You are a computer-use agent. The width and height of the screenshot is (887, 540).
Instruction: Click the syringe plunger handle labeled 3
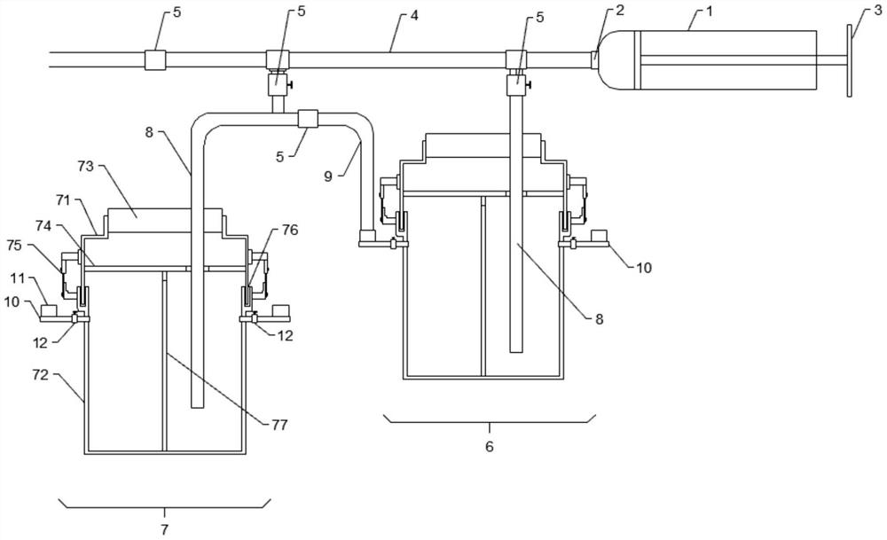850,60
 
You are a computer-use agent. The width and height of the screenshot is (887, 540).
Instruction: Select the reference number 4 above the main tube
414,15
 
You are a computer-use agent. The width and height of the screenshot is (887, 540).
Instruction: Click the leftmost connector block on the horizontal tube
155,60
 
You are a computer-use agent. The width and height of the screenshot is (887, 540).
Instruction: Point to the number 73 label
85,167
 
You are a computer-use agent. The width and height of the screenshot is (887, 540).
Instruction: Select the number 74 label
43,226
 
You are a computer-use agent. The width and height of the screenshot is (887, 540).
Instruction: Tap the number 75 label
15,246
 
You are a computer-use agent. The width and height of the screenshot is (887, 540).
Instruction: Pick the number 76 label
290,231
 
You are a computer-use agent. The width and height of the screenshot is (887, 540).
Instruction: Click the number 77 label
279,425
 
